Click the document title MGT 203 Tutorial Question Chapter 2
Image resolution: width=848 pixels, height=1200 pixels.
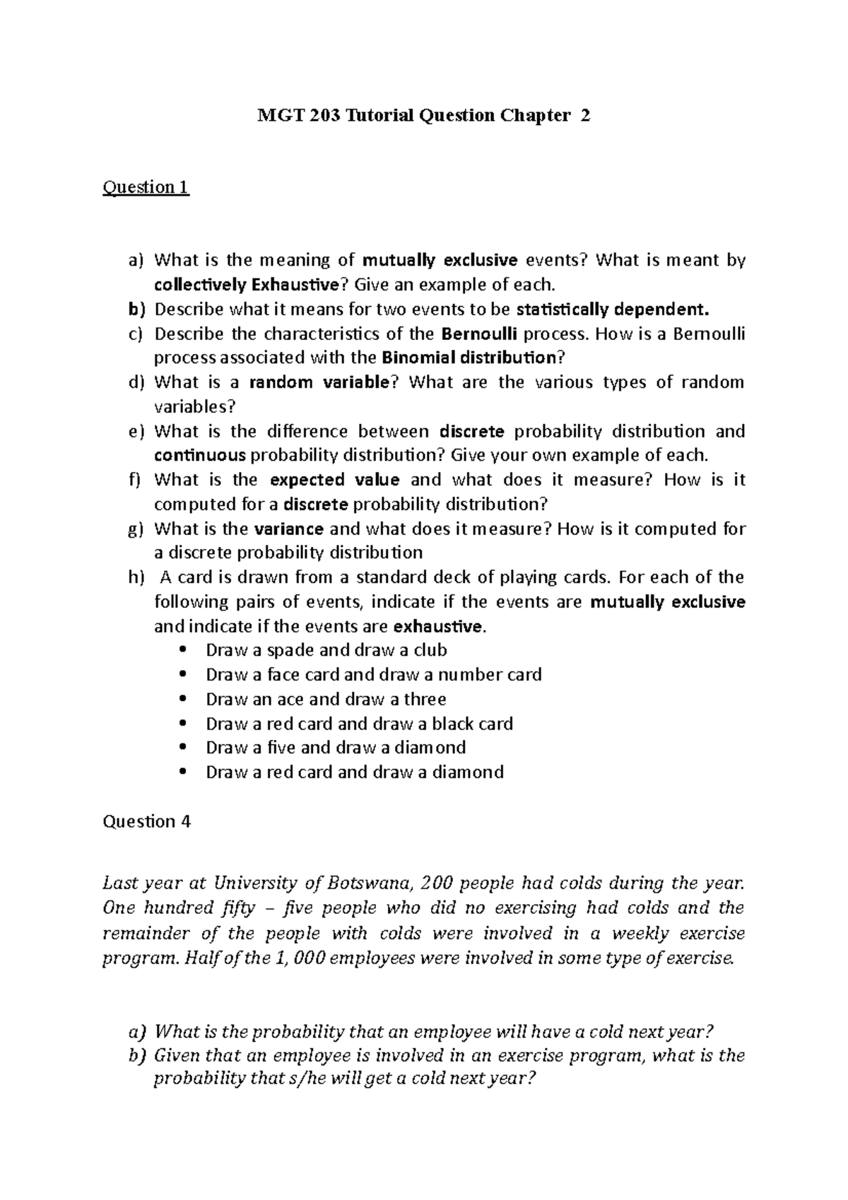(423, 116)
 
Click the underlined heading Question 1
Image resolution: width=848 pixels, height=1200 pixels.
(146, 187)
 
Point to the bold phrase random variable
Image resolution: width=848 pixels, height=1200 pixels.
(319, 382)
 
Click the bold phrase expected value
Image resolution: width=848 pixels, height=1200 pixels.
(335, 480)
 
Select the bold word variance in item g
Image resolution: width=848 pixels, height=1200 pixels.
(288, 529)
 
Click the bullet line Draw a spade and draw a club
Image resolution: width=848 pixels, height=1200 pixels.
(326, 650)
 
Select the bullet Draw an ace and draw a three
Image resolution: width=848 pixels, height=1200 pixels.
(326, 699)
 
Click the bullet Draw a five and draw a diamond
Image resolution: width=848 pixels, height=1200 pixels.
(336, 748)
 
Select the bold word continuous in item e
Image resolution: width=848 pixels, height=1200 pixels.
(200, 455)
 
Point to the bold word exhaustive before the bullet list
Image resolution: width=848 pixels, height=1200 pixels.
(439, 626)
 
